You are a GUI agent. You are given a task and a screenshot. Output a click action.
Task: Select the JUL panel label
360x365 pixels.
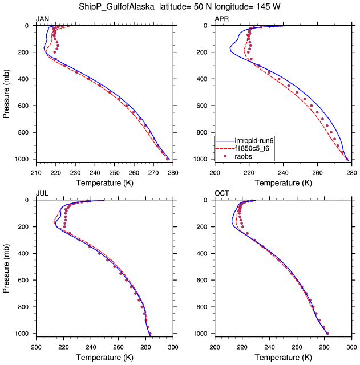tap(42, 193)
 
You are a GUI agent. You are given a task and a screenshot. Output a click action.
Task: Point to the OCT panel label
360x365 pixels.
tap(221, 193)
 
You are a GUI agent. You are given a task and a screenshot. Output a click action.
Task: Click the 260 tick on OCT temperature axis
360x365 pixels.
tap(297, 345)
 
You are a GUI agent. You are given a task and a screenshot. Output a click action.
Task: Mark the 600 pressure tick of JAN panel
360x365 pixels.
tap(26, 106)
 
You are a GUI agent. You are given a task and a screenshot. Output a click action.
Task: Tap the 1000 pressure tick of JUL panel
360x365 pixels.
tap(24, 334)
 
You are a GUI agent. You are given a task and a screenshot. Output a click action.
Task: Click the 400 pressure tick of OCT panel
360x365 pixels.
tap(204, 253)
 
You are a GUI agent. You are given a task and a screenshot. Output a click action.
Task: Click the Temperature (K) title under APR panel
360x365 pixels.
tap(283, 182)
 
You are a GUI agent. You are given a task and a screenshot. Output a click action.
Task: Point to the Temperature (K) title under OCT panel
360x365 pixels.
tap(283, 357)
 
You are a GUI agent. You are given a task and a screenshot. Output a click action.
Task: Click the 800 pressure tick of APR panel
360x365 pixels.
tap(204, 132)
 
